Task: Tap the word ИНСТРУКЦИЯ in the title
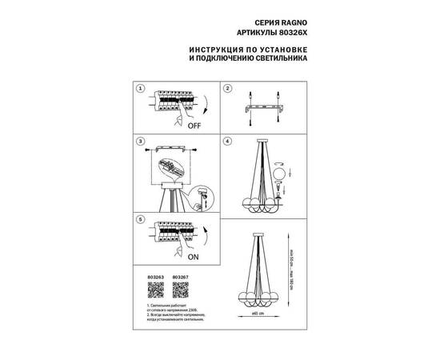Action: pos(216,50)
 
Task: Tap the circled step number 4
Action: pos(228,142)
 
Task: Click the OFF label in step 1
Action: pos(194,126)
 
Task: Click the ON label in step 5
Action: pos(192,257)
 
